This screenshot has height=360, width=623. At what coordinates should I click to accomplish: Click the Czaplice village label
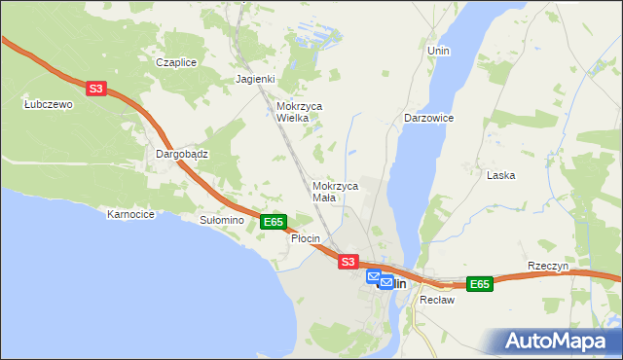click(x=176, y=62)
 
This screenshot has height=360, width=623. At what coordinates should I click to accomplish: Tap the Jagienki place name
click(x=256, y=80)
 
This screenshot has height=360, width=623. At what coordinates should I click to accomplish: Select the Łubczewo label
click(x=49, y=105)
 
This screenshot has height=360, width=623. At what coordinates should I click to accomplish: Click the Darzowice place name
click(x=429, y=118)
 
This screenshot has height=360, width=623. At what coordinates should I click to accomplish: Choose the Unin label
click(x=438, y=50)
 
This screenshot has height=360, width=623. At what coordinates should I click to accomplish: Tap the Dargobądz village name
click(x=183, y=154)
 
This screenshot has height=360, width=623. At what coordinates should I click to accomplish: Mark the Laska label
click(x=500, y=175)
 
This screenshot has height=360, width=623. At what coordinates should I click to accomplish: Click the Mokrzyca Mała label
click(x=336, y=191)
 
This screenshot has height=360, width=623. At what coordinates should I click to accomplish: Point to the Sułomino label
click(x=221, y=221)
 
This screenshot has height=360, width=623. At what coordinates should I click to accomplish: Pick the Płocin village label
click(x=306, y=238)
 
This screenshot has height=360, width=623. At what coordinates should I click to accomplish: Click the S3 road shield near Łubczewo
click(x=94, y=89)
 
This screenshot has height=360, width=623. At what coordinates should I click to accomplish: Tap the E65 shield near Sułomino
click(x=274, y=223)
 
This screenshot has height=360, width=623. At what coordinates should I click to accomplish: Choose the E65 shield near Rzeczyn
click(x=479, y=284)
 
